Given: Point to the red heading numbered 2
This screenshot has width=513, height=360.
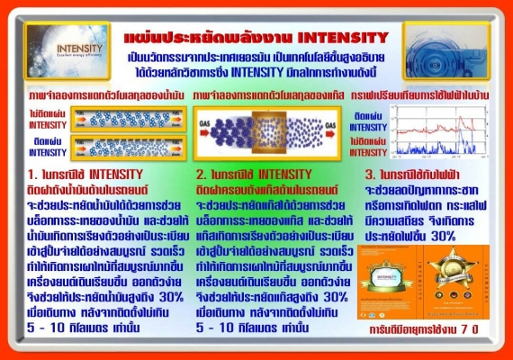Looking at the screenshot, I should (255, 174).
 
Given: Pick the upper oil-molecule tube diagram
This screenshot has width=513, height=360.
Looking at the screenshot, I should (127, 117).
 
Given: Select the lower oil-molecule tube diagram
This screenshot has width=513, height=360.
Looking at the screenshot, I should (127, 145).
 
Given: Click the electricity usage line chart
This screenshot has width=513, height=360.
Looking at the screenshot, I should (438, 130).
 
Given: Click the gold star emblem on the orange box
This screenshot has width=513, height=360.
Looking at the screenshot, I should (453, 269).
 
